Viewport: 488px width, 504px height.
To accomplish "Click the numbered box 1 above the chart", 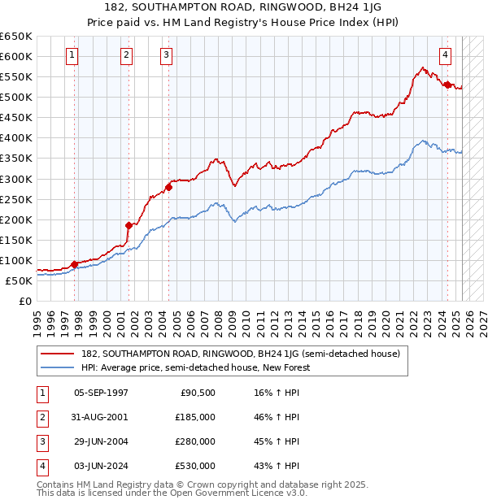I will pyautogui.click(x=73, y=55).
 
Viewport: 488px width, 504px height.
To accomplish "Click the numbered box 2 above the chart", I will pyautogui.click(x=127, y=55).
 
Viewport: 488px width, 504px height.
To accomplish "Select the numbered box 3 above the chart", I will pyautogui.click(x=166, y=55).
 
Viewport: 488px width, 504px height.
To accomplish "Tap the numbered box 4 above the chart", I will pyautogui.click(x=446, y=55).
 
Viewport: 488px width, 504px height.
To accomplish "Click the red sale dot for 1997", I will pyautogui.click(x=74, y=264).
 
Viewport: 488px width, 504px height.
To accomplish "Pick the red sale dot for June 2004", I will pyautogui.click(x=169, y=187).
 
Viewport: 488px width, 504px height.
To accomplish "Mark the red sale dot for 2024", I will pyautogui.click(x=447, y=84).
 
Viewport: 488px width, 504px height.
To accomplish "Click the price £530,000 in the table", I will pyautogui.click(x=196, y=466).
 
